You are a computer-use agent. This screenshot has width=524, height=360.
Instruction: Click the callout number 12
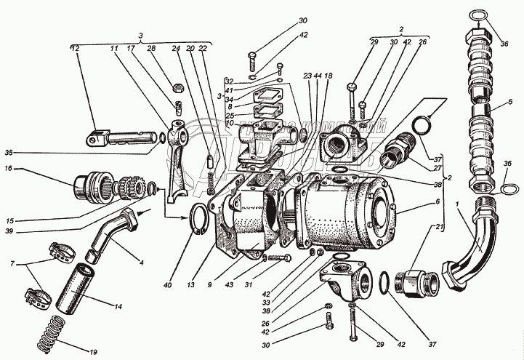click(74, 48)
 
